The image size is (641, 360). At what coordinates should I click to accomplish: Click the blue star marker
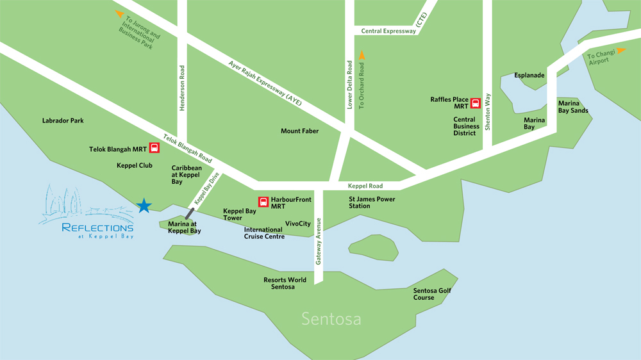coord(144,206)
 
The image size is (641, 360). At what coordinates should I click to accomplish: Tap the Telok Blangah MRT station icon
coord(154,149)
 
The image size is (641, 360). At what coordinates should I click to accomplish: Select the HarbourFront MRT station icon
coord(263,202)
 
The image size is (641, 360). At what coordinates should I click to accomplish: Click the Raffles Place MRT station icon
coord(475,102)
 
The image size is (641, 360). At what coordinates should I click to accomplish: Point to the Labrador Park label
coord(63,120)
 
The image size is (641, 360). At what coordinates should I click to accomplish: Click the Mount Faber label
coord(299,131)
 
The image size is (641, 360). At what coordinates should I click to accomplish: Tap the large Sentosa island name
coord(331,319)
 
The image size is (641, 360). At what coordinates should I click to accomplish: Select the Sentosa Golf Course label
coord(433,294)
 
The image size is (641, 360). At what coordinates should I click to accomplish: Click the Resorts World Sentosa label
coord(285,283)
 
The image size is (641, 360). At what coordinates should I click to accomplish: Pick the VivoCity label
coord(297,224)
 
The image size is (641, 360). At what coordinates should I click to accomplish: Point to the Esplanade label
coord(529,75)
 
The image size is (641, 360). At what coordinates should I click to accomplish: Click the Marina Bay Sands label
coord(573,107)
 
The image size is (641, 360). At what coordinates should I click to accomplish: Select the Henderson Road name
coord(182,88)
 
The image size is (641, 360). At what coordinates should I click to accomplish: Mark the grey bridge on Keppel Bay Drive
coord(190,213)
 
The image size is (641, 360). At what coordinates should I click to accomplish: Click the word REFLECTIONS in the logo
coord(97,227)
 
